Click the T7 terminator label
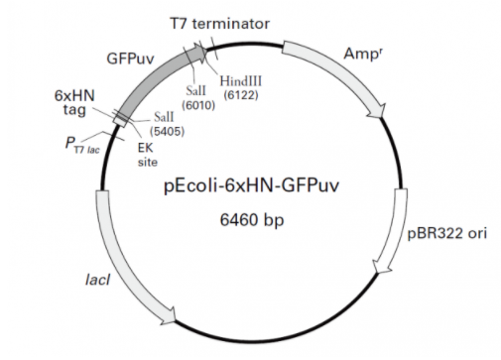pyautogui.click(x=220, y=24)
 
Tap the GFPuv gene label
pyautogui.click(x=130, y=59)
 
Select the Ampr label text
pyautogui.click(x=363, y=54)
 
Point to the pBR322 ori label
pyautogui.click(x=446, y=233)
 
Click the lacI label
pyautogui.click(x=97, y=280)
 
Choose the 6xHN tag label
pyautogui.click(x=74, y=103)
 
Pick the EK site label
pyautogui.click(x=148, y=155)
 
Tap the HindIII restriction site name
pyautogui.click(x=241, y=81)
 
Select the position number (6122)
pyautogui.click(x=241, y=95)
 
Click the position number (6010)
pyautogui.click(x=198, y=105)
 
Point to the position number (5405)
pyautogui.click(x=167, y=131)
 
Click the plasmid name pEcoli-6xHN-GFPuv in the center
pyautogui.click(x=251, y=186)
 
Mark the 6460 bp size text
pyautogui.click(x=252, y=220)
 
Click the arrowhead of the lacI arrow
pyautogui.click(x=168, y=316)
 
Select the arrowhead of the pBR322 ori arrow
pyautogui.click(x=380, y=267)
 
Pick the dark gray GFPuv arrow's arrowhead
pyautogui.click(x=201, y=53)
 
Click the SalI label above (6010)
pyautogui.click(x=195, y=90)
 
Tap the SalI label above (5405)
pyautogui.click(x=164, y=117)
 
